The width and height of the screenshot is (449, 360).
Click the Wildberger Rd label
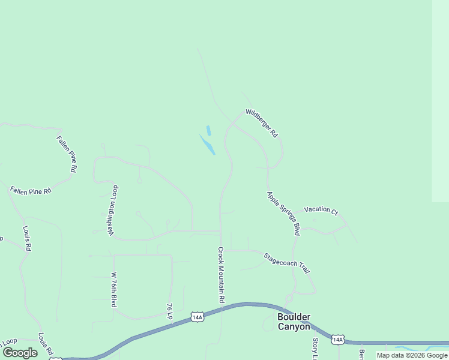click(262, 123)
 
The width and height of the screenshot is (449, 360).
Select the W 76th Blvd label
click(113, 290)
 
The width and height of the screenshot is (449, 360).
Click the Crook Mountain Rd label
click(221, 274)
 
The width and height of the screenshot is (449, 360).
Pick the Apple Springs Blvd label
click(283, 213)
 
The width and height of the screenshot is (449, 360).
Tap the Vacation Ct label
click(321, 210)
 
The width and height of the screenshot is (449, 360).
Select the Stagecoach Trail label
click(287, 263)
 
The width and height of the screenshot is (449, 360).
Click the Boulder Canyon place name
click(294, 322)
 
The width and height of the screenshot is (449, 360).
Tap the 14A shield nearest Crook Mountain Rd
click(197, 316)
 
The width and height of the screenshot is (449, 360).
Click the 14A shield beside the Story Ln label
click(338, 340)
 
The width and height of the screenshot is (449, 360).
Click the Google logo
click(20, 353)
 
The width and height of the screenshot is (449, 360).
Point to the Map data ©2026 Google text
click(412, 355)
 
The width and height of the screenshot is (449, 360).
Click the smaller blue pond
click(208, 130)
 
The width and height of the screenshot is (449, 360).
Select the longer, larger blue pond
click(207, 145)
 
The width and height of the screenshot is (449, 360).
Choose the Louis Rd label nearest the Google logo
click(46, 344)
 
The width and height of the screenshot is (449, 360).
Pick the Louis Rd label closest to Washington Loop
click(27, 238)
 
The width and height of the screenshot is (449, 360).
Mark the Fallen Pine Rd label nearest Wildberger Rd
click(67, 154)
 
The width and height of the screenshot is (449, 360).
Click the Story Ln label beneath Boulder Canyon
click(315, 349)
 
